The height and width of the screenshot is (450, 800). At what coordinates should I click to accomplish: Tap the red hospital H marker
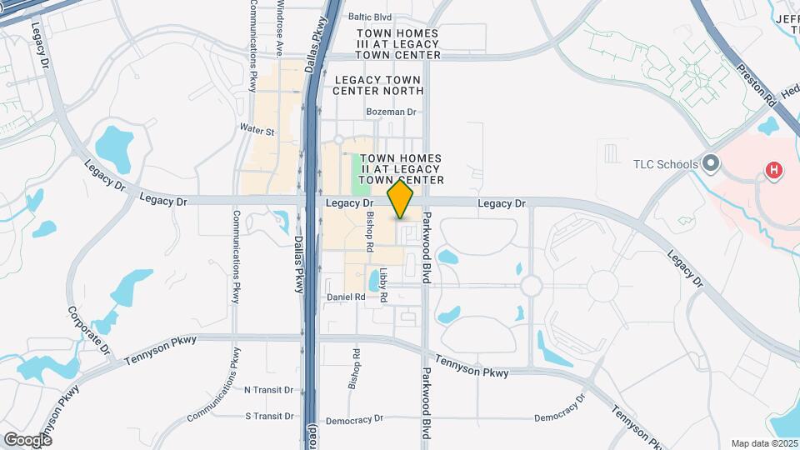tap(774, 171)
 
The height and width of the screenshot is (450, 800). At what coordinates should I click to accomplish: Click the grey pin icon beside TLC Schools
tap(711, 162)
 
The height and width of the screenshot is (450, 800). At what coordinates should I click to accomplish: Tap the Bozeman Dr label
tap(390, 111)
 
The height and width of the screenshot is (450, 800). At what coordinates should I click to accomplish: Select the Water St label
tap(257, 131)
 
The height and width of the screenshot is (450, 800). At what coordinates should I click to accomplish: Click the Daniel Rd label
tap(346, 297)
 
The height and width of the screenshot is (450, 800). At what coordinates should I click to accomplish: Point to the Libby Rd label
tap(383, 284)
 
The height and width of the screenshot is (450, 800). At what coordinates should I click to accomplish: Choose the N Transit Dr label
tap(268, 389)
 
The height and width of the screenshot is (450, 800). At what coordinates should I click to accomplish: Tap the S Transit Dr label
tap(270, 416)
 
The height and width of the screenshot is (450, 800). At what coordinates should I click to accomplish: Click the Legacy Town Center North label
tap(379, 84)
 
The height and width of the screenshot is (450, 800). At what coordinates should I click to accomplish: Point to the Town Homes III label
tap(397, 43)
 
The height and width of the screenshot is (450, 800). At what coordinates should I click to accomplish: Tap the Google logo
tap(27, 439)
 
